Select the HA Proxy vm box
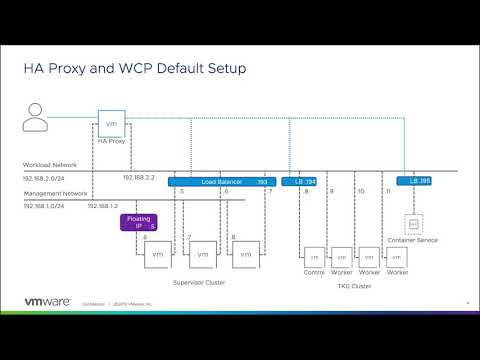coord(111,124)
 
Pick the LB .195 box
coord(412,181)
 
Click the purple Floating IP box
coord(138,222)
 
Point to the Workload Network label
coord(49,165)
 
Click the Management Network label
coord(54,191)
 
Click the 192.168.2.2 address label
coord(138,177)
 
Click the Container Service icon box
coord(412,223)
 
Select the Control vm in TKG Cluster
coord(314,257)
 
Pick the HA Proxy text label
coord(111,143)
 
